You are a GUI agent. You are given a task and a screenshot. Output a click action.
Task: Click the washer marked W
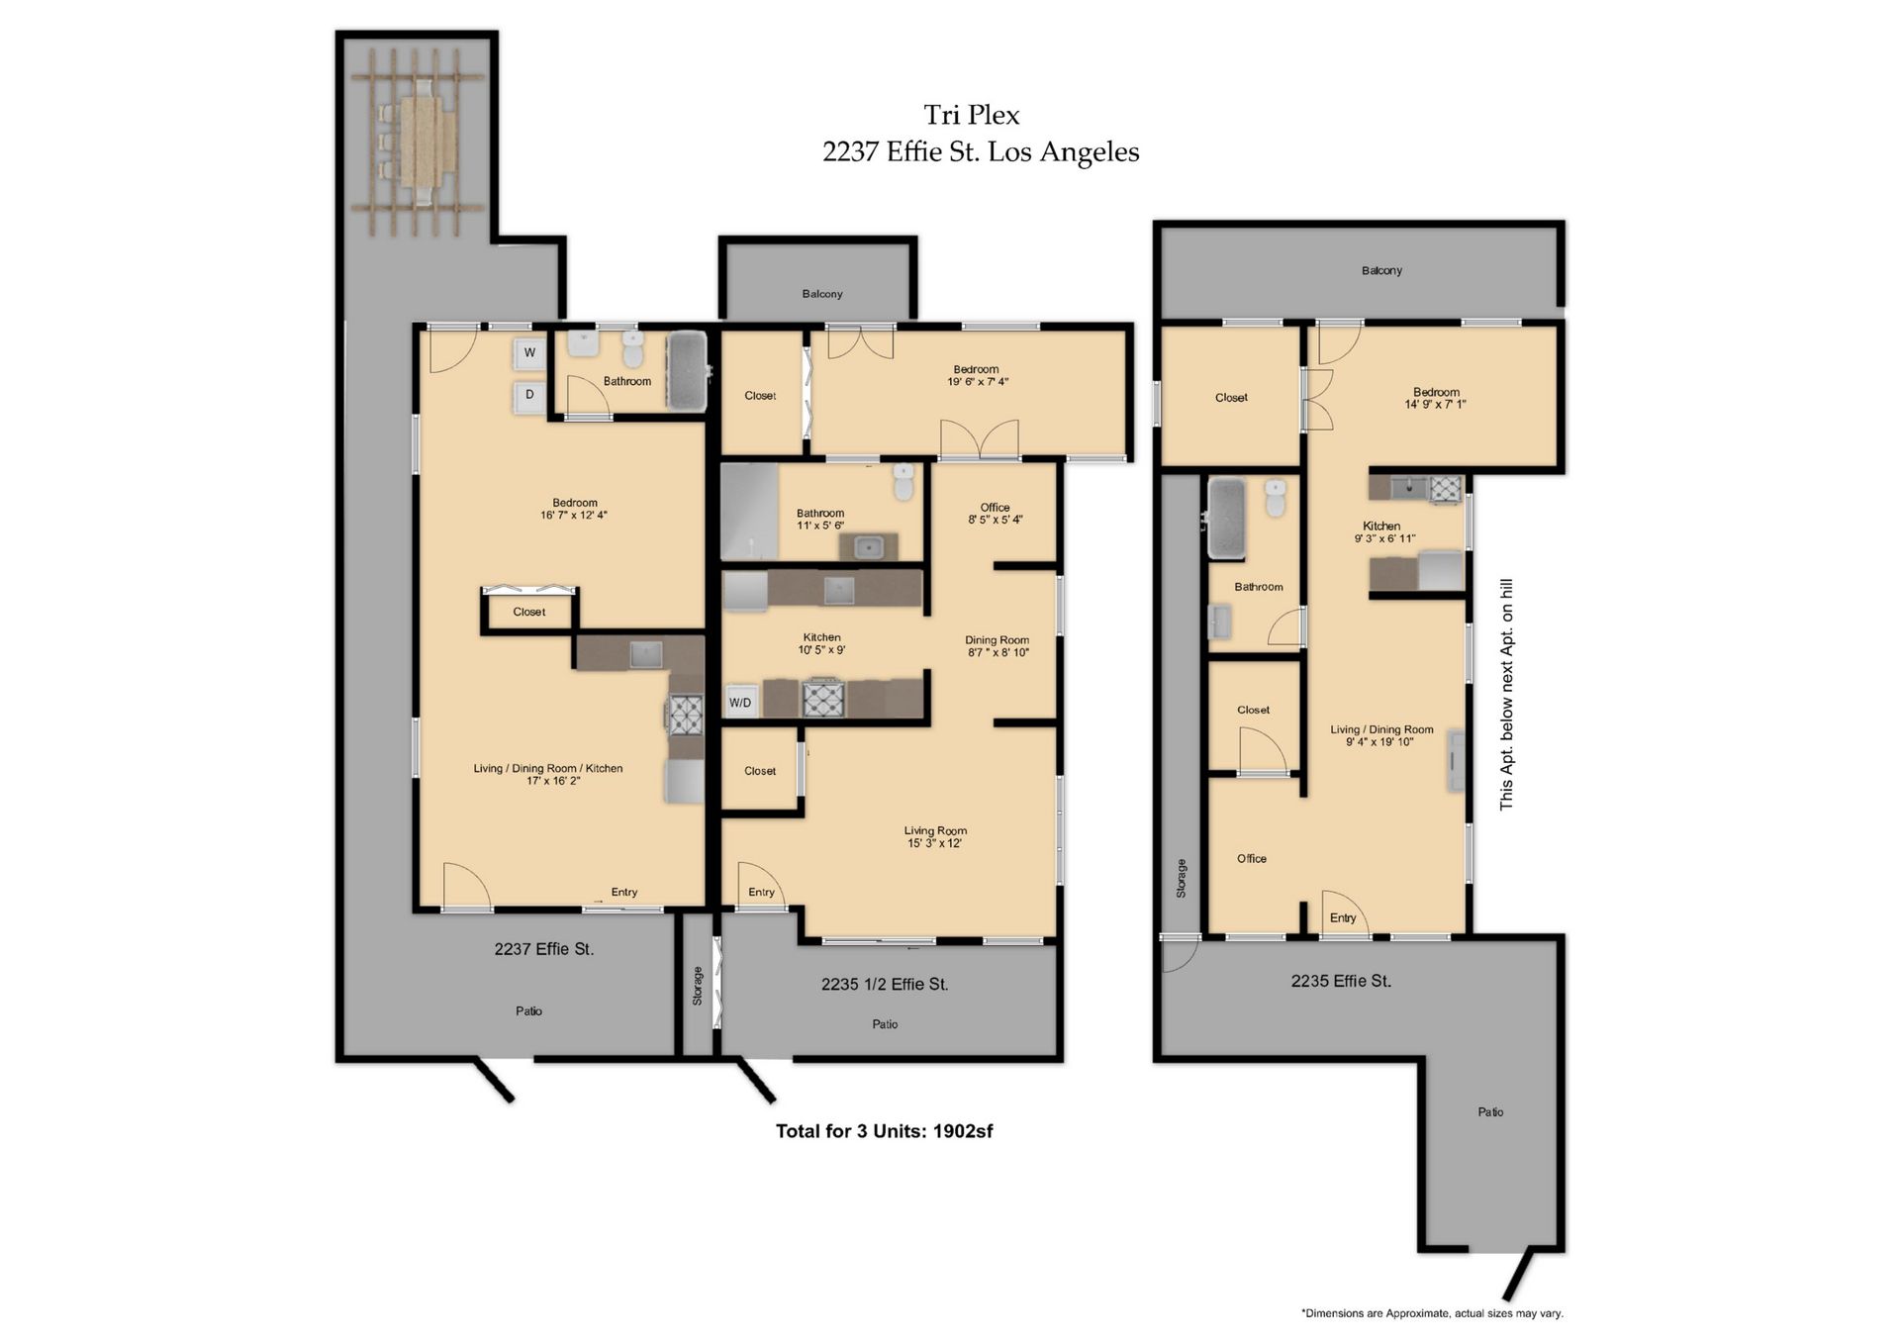(x=529, y=353)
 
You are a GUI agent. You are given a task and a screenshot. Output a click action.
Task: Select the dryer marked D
(x=529, y=395)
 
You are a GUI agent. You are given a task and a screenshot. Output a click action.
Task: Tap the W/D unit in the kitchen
(x=740, y=702)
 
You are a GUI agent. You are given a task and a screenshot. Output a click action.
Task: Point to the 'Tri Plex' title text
(x=971, y=116)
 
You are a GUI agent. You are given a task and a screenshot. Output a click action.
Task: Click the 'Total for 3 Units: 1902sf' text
(x=884, y=1131)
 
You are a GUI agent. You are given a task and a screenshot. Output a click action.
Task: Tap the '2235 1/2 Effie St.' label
(x=884, y=984)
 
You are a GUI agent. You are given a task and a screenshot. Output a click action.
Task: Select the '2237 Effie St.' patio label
(x=543, y=949)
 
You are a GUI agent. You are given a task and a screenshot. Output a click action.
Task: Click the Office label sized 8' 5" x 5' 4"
(x=995, y=513)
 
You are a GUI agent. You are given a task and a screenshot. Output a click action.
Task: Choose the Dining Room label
(x=997, y=645)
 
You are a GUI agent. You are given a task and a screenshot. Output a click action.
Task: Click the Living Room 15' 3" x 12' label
(x=935, y=836)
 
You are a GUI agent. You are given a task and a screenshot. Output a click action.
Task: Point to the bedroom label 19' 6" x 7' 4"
(x=977, y=375)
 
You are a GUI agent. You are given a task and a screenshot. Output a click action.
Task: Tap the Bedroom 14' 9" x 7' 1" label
(x=1435, y=398)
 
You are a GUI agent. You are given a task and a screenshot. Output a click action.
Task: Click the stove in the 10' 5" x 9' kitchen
(x=822, y=699)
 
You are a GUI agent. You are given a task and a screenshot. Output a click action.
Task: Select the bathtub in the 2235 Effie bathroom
(x=1226, y=517)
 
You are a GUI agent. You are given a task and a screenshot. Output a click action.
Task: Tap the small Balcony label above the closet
(x=821, y=294)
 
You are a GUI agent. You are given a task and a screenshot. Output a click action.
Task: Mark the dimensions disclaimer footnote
(x=1431, y=1313)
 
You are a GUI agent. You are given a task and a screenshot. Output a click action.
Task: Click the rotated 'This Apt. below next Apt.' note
(x=1506, y=694)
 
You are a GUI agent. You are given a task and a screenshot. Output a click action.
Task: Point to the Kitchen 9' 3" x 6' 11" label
(x=1382, y=531)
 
